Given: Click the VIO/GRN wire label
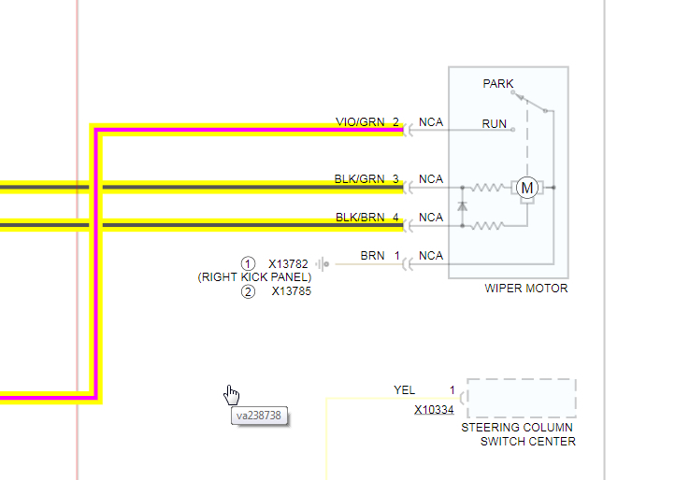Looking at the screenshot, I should pos(359,122).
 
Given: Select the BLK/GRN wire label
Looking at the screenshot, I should pos(359,179).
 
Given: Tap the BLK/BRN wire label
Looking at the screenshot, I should pos(359,218).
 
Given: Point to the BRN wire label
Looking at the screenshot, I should pos(372,256).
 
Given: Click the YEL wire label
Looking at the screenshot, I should pos(405,390).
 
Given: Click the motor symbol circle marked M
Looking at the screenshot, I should pos(527,188).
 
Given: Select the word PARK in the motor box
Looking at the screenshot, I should pos(498,84).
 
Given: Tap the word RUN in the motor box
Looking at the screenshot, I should pos(495,123).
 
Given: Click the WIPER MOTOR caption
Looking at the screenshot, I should pos(525,289).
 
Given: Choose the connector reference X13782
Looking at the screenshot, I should pos(288,264).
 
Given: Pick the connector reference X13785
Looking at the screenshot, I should pos(291,291).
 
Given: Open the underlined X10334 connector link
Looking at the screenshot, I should pos(434,410).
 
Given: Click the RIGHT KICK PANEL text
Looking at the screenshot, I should pos(254,277).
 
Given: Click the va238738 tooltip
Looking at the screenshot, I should pos(259,416).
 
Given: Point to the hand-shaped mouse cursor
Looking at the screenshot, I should pos(232,394).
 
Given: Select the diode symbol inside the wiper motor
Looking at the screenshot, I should pos(462,205).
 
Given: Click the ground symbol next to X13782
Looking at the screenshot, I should pos(322,264).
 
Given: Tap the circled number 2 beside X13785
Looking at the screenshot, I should pos(248,291).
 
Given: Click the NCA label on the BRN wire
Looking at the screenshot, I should pos(431,256).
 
